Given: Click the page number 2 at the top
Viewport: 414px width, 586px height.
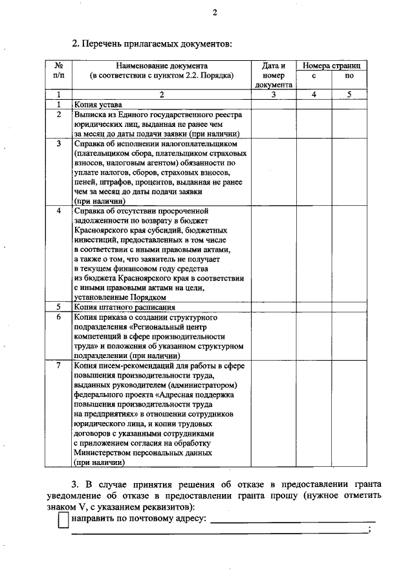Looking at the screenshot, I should (215, 12).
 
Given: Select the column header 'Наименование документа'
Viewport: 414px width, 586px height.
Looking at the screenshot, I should (162, 65).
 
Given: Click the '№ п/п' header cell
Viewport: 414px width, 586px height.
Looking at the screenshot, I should (58, 70).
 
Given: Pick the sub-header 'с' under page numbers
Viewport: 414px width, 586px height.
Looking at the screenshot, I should (314, 76).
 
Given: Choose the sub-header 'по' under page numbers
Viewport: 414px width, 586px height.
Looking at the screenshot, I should (350, 76).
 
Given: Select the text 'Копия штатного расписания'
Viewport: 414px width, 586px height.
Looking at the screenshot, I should (125, 306).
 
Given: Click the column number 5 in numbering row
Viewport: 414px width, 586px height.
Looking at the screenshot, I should (350, 95).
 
